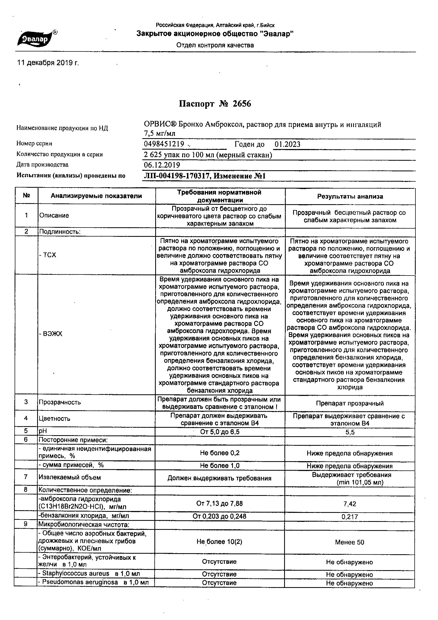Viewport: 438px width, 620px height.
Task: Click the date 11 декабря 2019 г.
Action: click(48, 63)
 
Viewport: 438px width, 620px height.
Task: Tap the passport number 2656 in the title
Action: click(242, 104)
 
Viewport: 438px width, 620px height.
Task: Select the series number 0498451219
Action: click(164, 144)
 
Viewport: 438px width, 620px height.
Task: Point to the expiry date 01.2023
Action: click(287, 145)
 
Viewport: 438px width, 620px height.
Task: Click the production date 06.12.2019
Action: click(162, 165)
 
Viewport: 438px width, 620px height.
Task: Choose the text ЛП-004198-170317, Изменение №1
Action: click(205, 176)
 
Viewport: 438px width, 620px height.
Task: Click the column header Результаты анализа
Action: click(350, 196)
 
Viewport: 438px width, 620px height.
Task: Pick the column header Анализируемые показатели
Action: click(96, 196)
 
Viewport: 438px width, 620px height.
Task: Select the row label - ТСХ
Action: click(48, 255)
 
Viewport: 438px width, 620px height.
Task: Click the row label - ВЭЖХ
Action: click(50, 334)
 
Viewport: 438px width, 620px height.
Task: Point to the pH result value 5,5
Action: click(350, 432)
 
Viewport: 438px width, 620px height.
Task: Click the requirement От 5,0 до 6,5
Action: click(219, 432)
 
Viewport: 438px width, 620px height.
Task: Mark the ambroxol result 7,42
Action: click(350, 504)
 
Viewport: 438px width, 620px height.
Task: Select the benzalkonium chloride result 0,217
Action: click(350, 517)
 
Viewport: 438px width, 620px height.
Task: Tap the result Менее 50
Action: click(349, 542)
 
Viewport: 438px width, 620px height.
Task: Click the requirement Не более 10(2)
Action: click(219, 542)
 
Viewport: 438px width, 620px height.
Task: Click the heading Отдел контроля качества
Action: click(215, 45)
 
